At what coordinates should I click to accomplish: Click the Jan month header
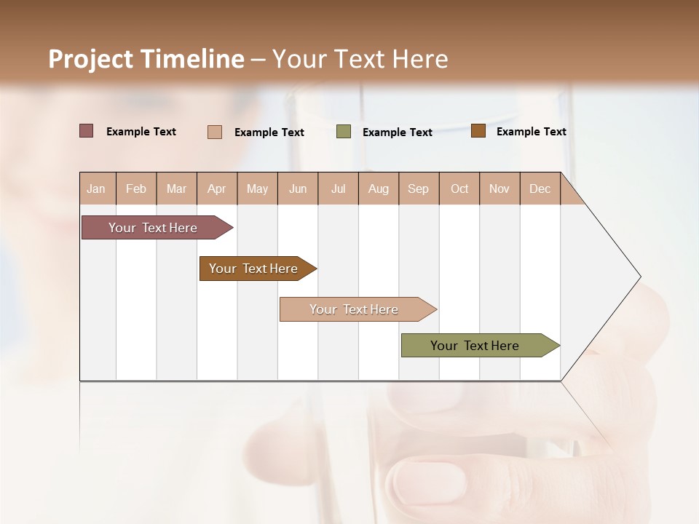click(x=97, y=188)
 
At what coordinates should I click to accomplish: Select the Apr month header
click(x=217, y=188)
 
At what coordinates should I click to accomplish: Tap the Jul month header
click(x=339, y=188)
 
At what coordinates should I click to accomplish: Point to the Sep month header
click(x=419, y=188)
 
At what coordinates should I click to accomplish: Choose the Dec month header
click(x=540, y=188)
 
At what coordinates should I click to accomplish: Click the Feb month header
click(x=136, y=188)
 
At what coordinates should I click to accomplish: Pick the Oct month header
click(x=459, y=188)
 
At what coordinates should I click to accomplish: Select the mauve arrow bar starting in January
click(x=154, y=228)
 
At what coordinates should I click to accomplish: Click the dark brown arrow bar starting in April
click(x=254, y=269)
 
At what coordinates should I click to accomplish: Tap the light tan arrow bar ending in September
click(x=355, y=309)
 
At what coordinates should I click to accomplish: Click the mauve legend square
click(x=87, y=131)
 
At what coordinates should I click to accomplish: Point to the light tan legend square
click(x=215, y=132)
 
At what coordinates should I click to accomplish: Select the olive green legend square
click(x=344, y=132)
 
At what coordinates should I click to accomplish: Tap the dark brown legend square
click(x=478, y=131)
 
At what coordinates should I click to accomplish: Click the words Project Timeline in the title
click(x=146, y=59)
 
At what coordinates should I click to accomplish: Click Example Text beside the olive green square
click(x=398, y=132)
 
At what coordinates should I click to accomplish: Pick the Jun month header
click(x=298, y=188)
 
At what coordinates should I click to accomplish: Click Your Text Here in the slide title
click(x=360, y=59)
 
